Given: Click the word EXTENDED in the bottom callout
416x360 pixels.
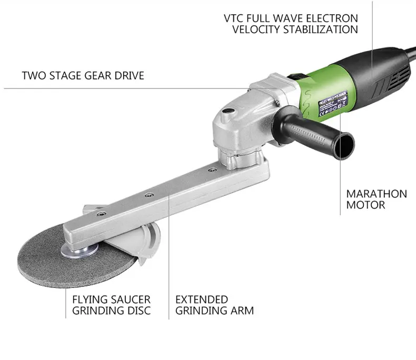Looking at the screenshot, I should coord(201,299).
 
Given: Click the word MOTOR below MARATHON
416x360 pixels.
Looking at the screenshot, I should coord(365,205).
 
